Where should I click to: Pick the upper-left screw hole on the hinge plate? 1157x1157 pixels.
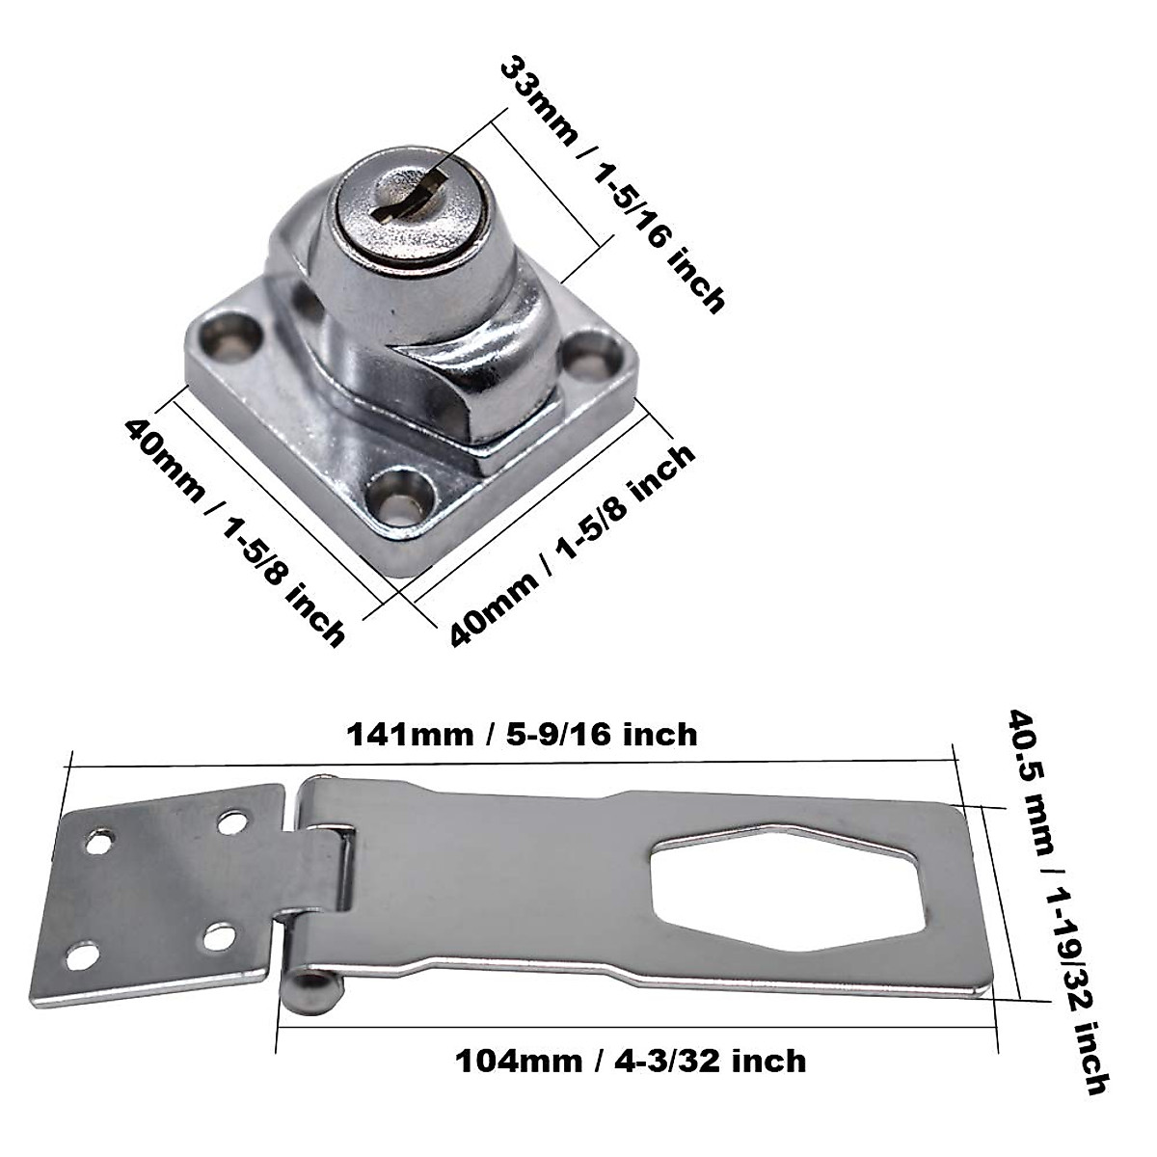[x=97, y=842]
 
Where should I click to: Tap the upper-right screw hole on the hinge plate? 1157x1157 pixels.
[x=231, y=822]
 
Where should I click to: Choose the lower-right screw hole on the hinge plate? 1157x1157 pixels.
[x=220, y=934]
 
